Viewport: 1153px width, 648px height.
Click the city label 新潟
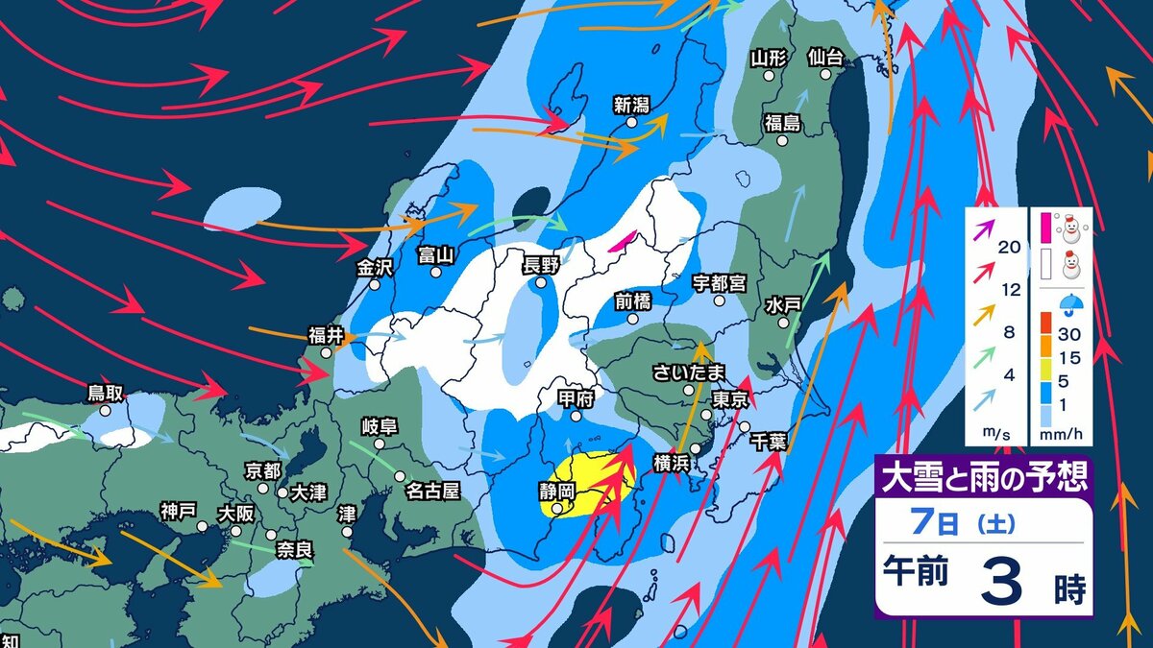(632, 104)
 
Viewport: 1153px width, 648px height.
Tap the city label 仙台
(825, 59)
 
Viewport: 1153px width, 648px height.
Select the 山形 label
(769, 59)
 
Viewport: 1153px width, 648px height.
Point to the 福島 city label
(782, 122)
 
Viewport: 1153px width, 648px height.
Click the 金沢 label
(375, 269)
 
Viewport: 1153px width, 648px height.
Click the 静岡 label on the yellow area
(556, 490)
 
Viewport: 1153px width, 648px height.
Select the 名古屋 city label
(432, 491)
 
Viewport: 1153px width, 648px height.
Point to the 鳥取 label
(106, 393)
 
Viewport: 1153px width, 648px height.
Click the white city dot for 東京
(706, 415)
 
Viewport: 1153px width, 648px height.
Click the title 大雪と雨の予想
(983, 477)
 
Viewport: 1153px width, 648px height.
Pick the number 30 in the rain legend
(1068, 334)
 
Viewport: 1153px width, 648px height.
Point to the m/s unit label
(993, 434)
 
